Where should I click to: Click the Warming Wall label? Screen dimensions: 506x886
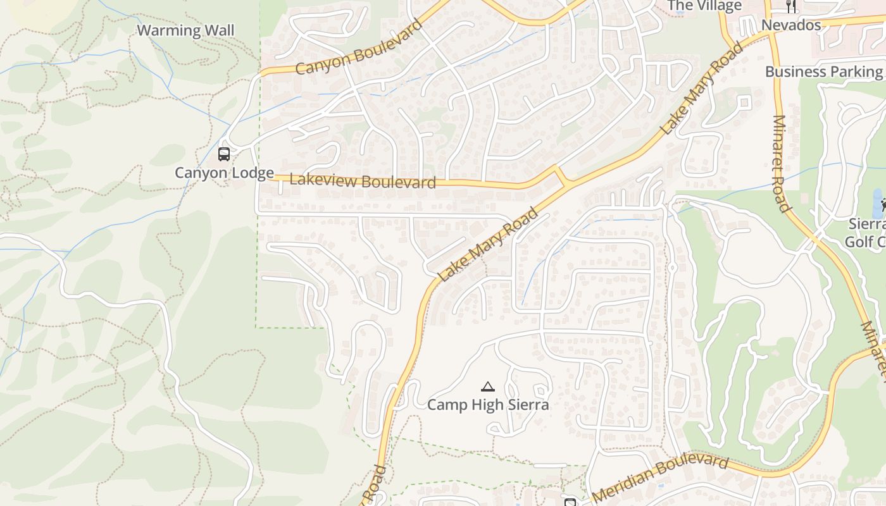coord(185,30)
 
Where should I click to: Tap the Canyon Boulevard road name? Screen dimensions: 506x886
coord(359,48)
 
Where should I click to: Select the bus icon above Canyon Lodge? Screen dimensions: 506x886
coord(223,154)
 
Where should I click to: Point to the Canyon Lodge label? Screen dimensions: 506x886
coord(224,173)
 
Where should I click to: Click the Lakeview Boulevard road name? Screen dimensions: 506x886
coord(363,181)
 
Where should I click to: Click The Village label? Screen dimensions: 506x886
coord(704,6)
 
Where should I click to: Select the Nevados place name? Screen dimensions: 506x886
coord(791,25)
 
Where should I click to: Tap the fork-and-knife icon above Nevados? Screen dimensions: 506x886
coord(791,6)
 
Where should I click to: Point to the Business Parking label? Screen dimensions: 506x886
coord(823,71)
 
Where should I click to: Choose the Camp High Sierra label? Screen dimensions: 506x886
coord(488,404)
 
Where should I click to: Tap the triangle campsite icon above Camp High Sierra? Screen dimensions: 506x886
coord(487,386)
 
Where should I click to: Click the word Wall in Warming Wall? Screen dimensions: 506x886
coord(219,30)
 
